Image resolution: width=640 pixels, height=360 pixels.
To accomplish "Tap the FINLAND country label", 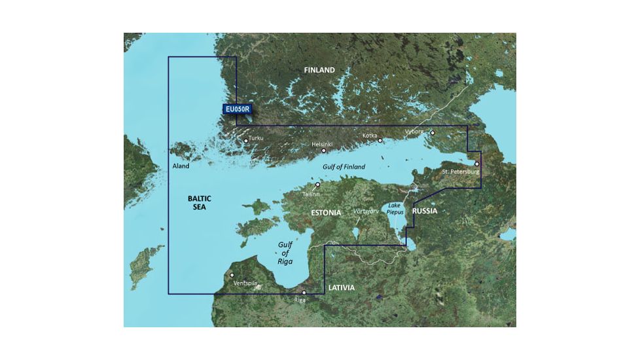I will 319,70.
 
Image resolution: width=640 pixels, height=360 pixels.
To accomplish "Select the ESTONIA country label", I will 325,213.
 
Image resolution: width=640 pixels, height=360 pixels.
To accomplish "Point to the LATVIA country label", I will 341,287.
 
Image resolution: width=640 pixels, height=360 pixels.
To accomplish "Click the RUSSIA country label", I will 425,211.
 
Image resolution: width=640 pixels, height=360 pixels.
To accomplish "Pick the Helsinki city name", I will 322,143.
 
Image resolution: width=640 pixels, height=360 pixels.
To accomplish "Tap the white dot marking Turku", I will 246,141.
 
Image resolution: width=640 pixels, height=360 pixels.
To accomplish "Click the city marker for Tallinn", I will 318,185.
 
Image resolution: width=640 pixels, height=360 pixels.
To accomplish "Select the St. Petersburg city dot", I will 477,164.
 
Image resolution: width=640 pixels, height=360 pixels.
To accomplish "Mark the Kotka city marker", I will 380,140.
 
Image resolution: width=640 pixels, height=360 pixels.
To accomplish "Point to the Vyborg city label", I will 414,132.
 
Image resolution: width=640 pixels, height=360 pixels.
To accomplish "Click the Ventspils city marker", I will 232,275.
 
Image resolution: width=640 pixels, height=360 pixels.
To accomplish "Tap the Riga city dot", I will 304,293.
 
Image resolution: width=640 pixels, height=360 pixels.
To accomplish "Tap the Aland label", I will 181,166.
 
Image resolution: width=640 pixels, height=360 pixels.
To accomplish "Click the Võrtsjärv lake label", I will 365,212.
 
